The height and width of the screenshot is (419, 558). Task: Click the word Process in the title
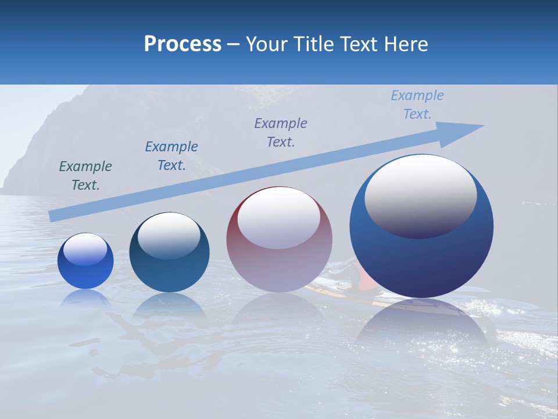coord(183,44)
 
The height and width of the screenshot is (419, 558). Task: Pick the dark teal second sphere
coord(169,253)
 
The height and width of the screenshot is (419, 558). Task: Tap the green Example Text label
coord(85,176)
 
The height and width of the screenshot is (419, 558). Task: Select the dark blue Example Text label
coord(171,156)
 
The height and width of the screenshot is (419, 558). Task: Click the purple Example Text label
coord(281,133)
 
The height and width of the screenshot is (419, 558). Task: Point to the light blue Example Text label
coord(417,105)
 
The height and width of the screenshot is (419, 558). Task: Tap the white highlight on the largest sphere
coord(420,195)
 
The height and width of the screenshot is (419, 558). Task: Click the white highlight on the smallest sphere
coord(85,249)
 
